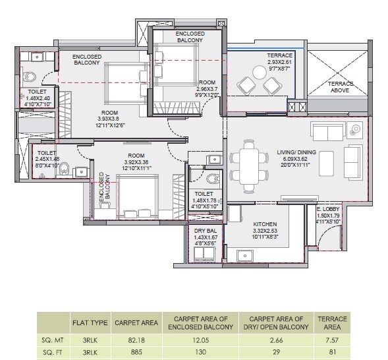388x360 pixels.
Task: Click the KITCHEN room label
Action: tap(265, 224)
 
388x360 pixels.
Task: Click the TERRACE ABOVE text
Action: tap(341, 88)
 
